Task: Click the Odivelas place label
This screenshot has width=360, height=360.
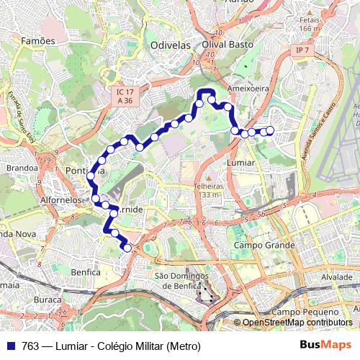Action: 170,45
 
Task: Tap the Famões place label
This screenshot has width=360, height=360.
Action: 38,41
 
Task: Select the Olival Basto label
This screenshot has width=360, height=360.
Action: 224,45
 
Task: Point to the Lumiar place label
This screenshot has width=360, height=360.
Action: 240,163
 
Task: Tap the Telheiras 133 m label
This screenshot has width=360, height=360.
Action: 209,189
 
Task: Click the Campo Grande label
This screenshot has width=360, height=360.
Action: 264,246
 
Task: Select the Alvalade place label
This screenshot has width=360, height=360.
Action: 336,276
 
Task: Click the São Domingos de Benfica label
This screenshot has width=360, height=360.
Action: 181,281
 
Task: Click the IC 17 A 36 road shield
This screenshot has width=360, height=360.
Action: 125,97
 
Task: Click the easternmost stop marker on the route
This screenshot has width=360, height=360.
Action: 271,130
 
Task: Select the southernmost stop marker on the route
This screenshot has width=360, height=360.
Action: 127,248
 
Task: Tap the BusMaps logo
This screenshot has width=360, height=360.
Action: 326,346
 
